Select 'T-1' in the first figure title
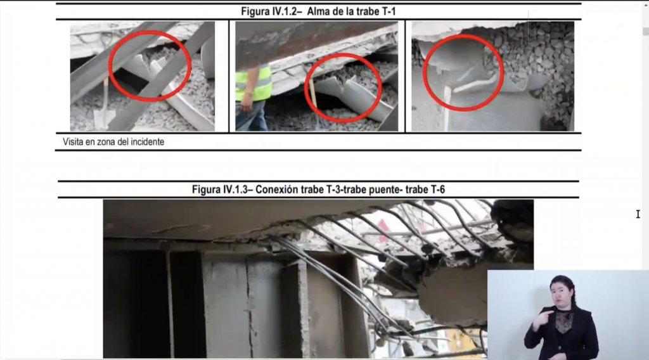tap(387, 11)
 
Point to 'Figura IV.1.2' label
tap(269, 11)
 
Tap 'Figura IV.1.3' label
tap(219, 190)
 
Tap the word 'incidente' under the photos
tap(147, 142)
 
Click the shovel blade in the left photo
tap(103, 120)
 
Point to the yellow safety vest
tap(254, 84)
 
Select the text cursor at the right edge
tap(638, 214)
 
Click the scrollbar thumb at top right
tap(646, 32)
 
